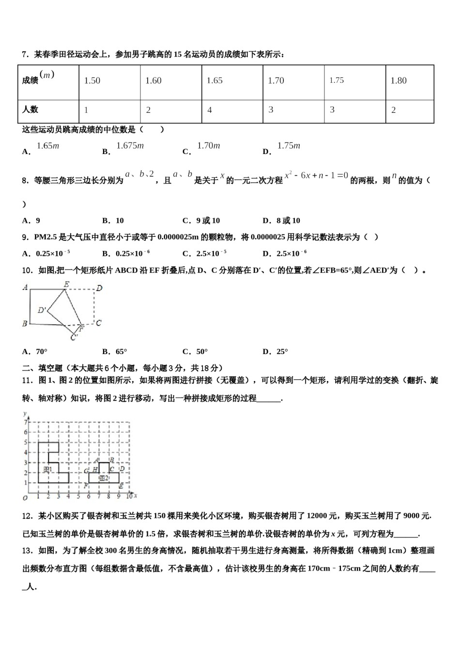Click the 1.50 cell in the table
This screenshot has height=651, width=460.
(92, 81)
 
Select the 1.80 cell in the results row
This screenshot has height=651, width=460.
(399, 81)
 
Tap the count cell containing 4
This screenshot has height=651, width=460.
(210, 110)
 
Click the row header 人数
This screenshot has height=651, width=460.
(31, 109)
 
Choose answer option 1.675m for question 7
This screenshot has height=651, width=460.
(130, 146)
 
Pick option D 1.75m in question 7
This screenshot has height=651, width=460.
(289, 146)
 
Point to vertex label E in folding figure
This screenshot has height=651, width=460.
(66, 284)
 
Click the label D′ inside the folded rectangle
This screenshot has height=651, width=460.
(42, 310)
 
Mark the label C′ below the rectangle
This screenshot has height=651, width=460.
(74, 338)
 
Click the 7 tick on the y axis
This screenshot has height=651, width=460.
(26, 422)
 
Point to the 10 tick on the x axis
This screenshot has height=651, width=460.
(129, 496)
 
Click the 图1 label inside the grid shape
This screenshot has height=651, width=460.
(47, 469)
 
